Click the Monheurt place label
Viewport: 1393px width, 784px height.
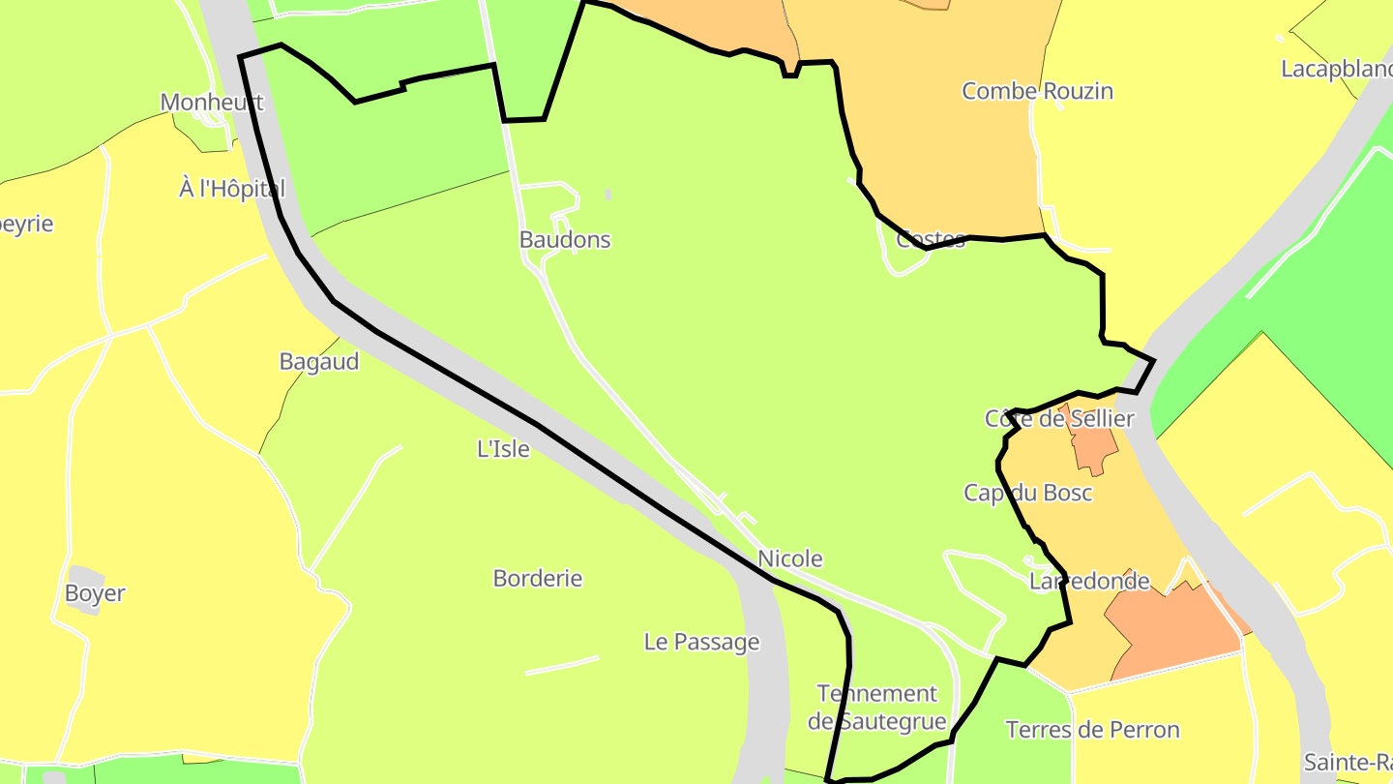[211, 103]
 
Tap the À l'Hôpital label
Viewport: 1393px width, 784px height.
[232, 189]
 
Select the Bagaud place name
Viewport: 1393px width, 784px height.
[319, 362]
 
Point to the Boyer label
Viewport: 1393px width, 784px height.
[95, 593]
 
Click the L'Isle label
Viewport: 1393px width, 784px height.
[504, 449]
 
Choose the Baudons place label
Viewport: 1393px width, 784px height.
[565, 240]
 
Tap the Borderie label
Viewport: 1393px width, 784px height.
[538, 579]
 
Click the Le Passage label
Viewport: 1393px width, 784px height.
[702, 642]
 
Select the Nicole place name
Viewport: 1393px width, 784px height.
[790, 558]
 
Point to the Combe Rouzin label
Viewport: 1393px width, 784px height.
[1037, 91]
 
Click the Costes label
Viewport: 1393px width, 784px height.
[931, 240]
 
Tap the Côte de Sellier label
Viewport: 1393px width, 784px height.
[1059, 419]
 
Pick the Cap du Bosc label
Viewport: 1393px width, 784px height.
[1028, 493]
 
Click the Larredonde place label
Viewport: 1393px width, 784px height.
[1089, 582]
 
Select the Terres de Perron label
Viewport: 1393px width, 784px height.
[1093, 730]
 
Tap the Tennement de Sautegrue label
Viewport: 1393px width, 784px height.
[877, 708]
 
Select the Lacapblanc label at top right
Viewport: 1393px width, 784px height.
[1336, 70]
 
